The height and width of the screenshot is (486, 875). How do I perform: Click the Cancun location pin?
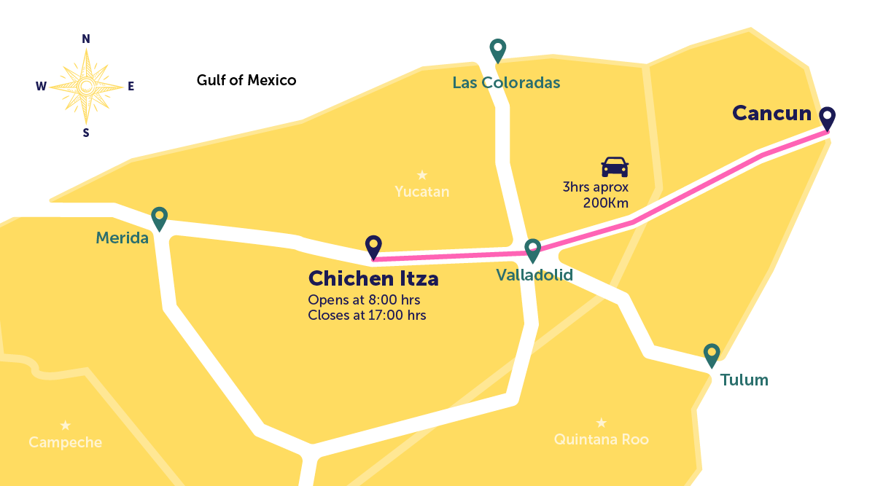[827, 118]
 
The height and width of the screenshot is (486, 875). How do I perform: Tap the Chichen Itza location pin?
[373, 246]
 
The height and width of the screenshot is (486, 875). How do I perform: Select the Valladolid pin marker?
[533, 249]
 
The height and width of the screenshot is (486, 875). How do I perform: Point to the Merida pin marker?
[159, 218]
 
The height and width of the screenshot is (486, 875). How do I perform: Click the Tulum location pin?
[712, 355]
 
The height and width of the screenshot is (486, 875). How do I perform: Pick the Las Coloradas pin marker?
[498, 50]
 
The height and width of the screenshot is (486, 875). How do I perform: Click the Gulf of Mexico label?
[246, 80]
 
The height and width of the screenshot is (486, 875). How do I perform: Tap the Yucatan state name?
[421, 192]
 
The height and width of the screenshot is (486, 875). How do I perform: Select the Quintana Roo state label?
[601, 439]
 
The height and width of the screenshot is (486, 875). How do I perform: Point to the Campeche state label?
[65, 442]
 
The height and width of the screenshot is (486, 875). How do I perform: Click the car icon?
[614, 167]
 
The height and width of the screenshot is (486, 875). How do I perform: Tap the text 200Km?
[605, 203]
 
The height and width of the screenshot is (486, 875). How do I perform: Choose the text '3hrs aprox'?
[595, 187]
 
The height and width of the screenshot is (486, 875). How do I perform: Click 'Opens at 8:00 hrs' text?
[364, 300]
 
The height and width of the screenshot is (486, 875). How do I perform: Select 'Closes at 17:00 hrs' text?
[367, 315]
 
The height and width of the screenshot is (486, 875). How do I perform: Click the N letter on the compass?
[86, 39]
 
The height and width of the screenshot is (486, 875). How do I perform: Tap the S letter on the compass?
[86, 133]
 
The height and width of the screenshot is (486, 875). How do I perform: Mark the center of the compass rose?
[86, 86]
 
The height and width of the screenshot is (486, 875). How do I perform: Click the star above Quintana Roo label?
[601, 423]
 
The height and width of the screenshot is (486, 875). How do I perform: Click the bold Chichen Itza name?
[373, 278]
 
